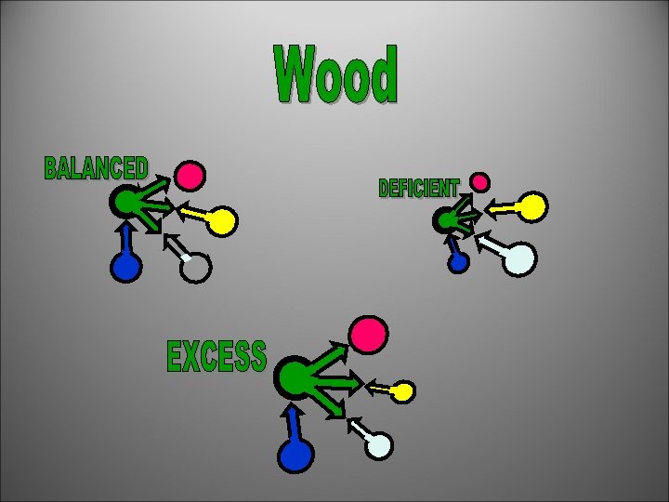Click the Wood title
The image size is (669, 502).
pyautogui.click(x=336, y=75)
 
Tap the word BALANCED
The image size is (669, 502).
pyautogui.click(x=96, y=168)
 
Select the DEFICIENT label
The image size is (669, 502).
pyautogui.click(x=418, y=189)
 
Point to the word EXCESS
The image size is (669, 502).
pyautogui.click(x=216, y=357)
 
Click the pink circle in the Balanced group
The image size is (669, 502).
pyautogui.click(x=190, y=175)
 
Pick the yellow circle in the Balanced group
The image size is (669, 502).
pyautogui.click(x=222, y=221)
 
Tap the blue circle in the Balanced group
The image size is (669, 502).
pyautogui.click(x=125, y=267)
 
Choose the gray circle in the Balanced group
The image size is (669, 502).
pyautogui.click(x=196, y=267)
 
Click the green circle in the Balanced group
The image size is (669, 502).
pyautogui.click(x=124, y=201)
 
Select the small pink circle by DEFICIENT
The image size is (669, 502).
pyautogui.click(x=479, y=181)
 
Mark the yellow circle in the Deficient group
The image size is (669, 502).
pyautogui.click(x=531, y=206)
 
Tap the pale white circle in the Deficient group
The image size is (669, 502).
pyautogui.click(x=520, y=259)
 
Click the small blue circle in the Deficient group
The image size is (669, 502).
pyautogui.click(x=458, y=262)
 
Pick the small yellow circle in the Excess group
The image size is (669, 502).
pyautogui.click(x=403, y=391)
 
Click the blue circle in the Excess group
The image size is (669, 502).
pyautogui.click(x=296, y=456)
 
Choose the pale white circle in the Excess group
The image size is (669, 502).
pyautogui.click(x=378, y=445)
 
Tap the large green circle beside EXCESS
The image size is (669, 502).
pyautogui.click(x=295, y=377)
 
